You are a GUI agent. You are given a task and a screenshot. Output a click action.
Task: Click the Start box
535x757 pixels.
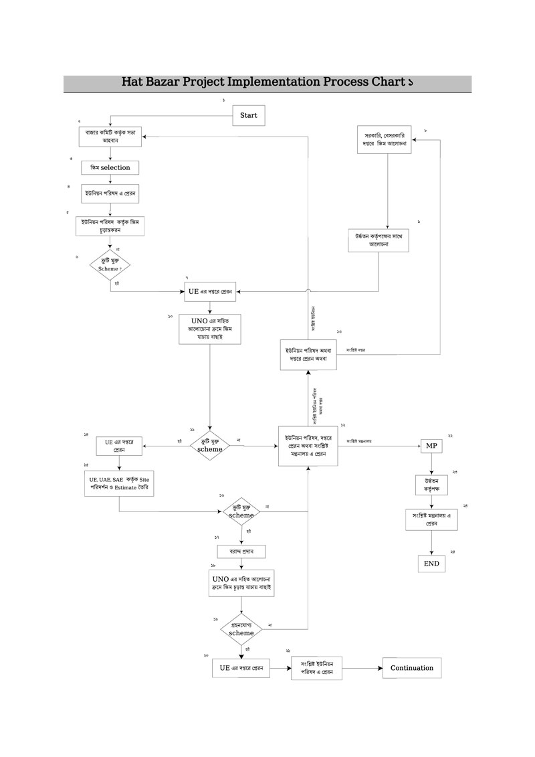coord(248,115)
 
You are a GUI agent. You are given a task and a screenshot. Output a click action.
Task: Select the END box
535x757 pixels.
coord(431,564)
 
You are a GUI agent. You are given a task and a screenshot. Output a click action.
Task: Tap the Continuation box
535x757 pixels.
coord(412,668)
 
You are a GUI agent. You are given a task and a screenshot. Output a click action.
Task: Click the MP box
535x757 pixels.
coord(431,446)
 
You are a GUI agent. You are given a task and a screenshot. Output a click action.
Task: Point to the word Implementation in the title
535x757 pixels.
coord(274,83)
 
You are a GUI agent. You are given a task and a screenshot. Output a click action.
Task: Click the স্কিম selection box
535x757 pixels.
coord(110,167)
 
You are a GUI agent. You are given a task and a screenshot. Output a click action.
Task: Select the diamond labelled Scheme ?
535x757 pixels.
coord(110,264)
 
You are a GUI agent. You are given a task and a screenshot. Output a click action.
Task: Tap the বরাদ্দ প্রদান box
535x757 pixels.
coord(241,552)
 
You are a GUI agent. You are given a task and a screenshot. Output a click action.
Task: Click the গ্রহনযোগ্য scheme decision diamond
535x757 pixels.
coord(241,628)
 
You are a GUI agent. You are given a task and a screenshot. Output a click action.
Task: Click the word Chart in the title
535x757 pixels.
coord(387,83)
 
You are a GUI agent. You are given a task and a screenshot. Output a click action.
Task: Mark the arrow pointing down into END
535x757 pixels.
coord(431,543)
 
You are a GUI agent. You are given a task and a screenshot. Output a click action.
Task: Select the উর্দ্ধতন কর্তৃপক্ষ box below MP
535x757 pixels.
coord(431,485)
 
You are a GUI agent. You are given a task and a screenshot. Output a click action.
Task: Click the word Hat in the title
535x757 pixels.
coord(132,83)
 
